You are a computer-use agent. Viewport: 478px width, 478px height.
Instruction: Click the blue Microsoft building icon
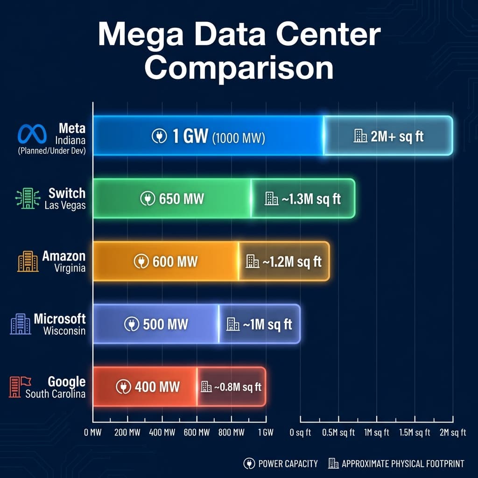point(20,323)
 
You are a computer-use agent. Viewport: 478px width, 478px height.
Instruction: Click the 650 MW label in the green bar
point(181,199)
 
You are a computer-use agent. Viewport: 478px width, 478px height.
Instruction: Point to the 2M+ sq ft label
point(396,136)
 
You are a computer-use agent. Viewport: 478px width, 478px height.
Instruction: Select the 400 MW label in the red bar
point(157,387)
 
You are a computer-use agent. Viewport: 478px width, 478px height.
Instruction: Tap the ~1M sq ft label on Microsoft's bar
point(267,324)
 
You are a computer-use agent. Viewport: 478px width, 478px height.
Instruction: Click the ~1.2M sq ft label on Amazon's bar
point(291,261)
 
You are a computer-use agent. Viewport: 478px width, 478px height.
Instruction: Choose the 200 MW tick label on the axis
point(127,432)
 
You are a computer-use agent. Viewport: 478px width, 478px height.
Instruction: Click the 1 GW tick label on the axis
point(266,432)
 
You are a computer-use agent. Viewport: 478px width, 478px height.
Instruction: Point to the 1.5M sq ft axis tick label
point(415,432)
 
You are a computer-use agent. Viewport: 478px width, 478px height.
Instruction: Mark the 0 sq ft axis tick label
point(300,432)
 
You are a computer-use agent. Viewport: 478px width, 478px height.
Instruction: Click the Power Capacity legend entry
point(281,464)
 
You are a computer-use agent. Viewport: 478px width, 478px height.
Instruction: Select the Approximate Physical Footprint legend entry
point(396,464)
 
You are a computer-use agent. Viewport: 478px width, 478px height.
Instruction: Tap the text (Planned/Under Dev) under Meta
point(51,151)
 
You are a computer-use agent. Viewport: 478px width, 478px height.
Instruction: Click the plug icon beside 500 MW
point(132,324)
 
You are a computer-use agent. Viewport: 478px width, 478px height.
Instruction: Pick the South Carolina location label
point(55,394)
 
